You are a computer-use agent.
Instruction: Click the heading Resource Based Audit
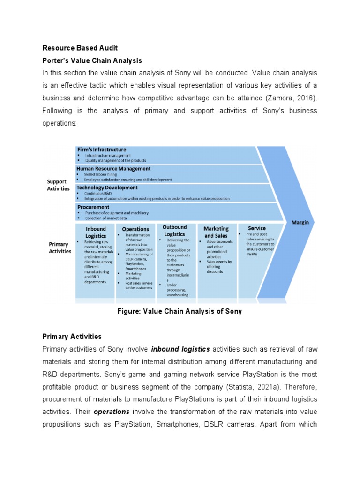[80, 48]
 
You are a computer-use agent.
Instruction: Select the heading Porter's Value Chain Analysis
[92, 61]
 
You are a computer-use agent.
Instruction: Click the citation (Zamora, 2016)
[288, 98]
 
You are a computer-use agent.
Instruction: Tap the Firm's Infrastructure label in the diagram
[102, 150]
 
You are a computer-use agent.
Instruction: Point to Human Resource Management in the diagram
[114, 168]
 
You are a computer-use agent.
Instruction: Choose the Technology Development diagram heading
[107, 187]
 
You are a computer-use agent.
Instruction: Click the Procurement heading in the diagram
[93, 207]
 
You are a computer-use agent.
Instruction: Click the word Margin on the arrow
[300, 222]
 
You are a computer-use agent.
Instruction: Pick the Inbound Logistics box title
[96, 232]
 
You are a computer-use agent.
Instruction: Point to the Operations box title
[135, 230]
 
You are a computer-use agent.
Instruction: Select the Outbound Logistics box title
[174, 230]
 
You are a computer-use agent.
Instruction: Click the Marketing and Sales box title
[216, 232]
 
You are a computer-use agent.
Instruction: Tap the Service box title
[257, 229]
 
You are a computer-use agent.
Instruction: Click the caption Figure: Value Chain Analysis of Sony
[180, 311]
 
